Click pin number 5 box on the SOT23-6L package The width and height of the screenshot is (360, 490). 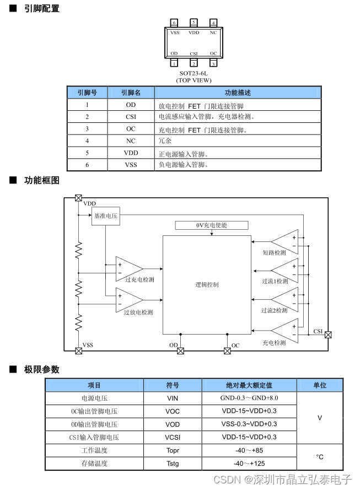(194, 23)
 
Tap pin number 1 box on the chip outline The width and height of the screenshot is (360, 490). (174, 63)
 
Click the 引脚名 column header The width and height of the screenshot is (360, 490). (131, 93)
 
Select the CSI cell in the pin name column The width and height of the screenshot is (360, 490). (131, 116)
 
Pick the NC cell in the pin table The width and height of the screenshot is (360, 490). (131, 141)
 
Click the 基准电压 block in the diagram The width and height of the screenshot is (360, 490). (106, 216)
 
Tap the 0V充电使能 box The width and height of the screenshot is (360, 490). (212, 225)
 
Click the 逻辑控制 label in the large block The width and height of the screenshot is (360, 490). (207, 284)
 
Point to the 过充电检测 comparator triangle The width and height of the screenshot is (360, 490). (128, 268)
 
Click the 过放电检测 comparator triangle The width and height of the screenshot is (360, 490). (128, 300)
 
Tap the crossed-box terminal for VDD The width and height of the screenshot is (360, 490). (78, 198)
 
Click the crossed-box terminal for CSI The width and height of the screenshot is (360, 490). (329, 335)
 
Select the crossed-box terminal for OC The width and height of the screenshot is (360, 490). (227, 351)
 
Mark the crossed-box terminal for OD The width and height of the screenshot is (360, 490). (181, 351)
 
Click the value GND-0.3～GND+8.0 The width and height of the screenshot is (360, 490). (249, 398)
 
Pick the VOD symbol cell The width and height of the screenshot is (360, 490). (173, 424)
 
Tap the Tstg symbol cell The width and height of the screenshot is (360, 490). (173, 464)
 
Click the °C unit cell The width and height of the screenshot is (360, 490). (320, 457)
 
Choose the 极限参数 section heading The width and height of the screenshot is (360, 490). (42, 369)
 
